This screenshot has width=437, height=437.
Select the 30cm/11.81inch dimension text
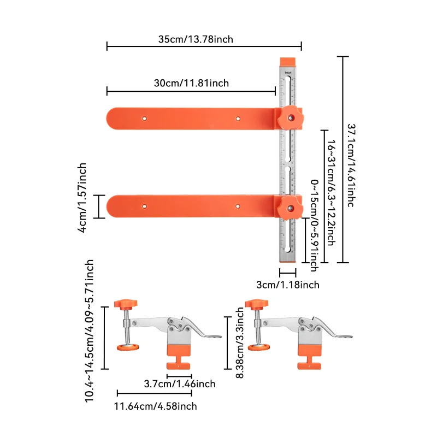(191, 83)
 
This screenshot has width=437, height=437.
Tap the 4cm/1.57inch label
(82, 197)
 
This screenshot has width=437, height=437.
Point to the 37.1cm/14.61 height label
(352, 159)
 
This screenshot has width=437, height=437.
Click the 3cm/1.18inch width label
(288, 285)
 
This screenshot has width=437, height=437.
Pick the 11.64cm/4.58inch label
(156, 406)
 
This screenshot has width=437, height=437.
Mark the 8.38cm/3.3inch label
(239, 339)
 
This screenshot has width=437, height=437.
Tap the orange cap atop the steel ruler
(287, 62)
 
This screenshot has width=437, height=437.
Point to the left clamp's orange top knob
(126, 304)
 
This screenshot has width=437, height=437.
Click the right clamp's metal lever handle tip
(346, 337)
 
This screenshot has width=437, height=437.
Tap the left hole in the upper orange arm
(145, 118)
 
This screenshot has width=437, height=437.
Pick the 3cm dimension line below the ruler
(287, 271)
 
